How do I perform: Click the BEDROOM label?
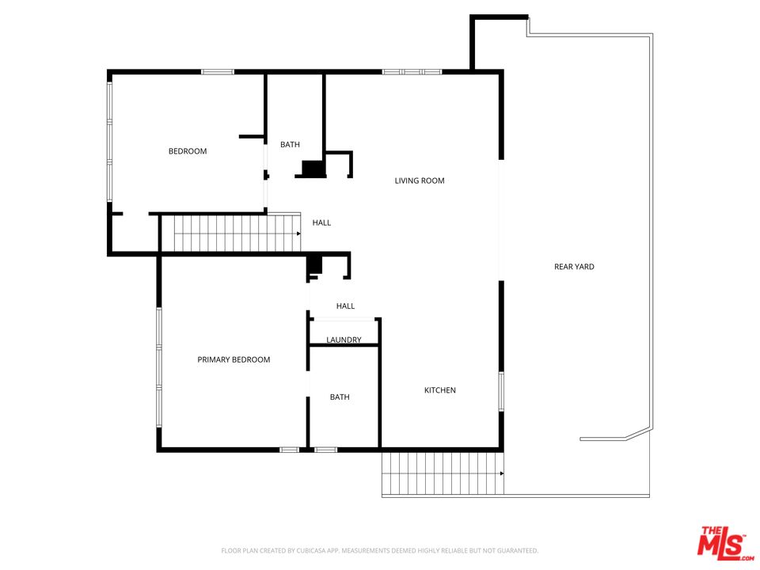(188, 151)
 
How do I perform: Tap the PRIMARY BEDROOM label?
(234, 359)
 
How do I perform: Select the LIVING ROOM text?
(420, 180)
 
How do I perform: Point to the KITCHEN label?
(440, 390)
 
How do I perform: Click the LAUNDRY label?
(344, 340)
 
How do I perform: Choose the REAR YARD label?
(574, 267)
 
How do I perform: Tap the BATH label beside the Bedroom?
(290, 144)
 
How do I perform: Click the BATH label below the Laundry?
(340, 397)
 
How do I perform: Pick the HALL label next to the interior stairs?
(321, 223)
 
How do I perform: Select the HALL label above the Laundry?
(346, 306)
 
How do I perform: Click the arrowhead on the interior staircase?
(298, 234)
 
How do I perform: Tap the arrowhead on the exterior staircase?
(502, 473)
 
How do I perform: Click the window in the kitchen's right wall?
(501, 392)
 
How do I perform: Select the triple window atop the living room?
(412, 72)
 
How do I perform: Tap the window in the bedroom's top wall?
(218, 72)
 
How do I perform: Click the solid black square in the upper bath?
(313, 168)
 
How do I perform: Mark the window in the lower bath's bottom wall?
(325, 450)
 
